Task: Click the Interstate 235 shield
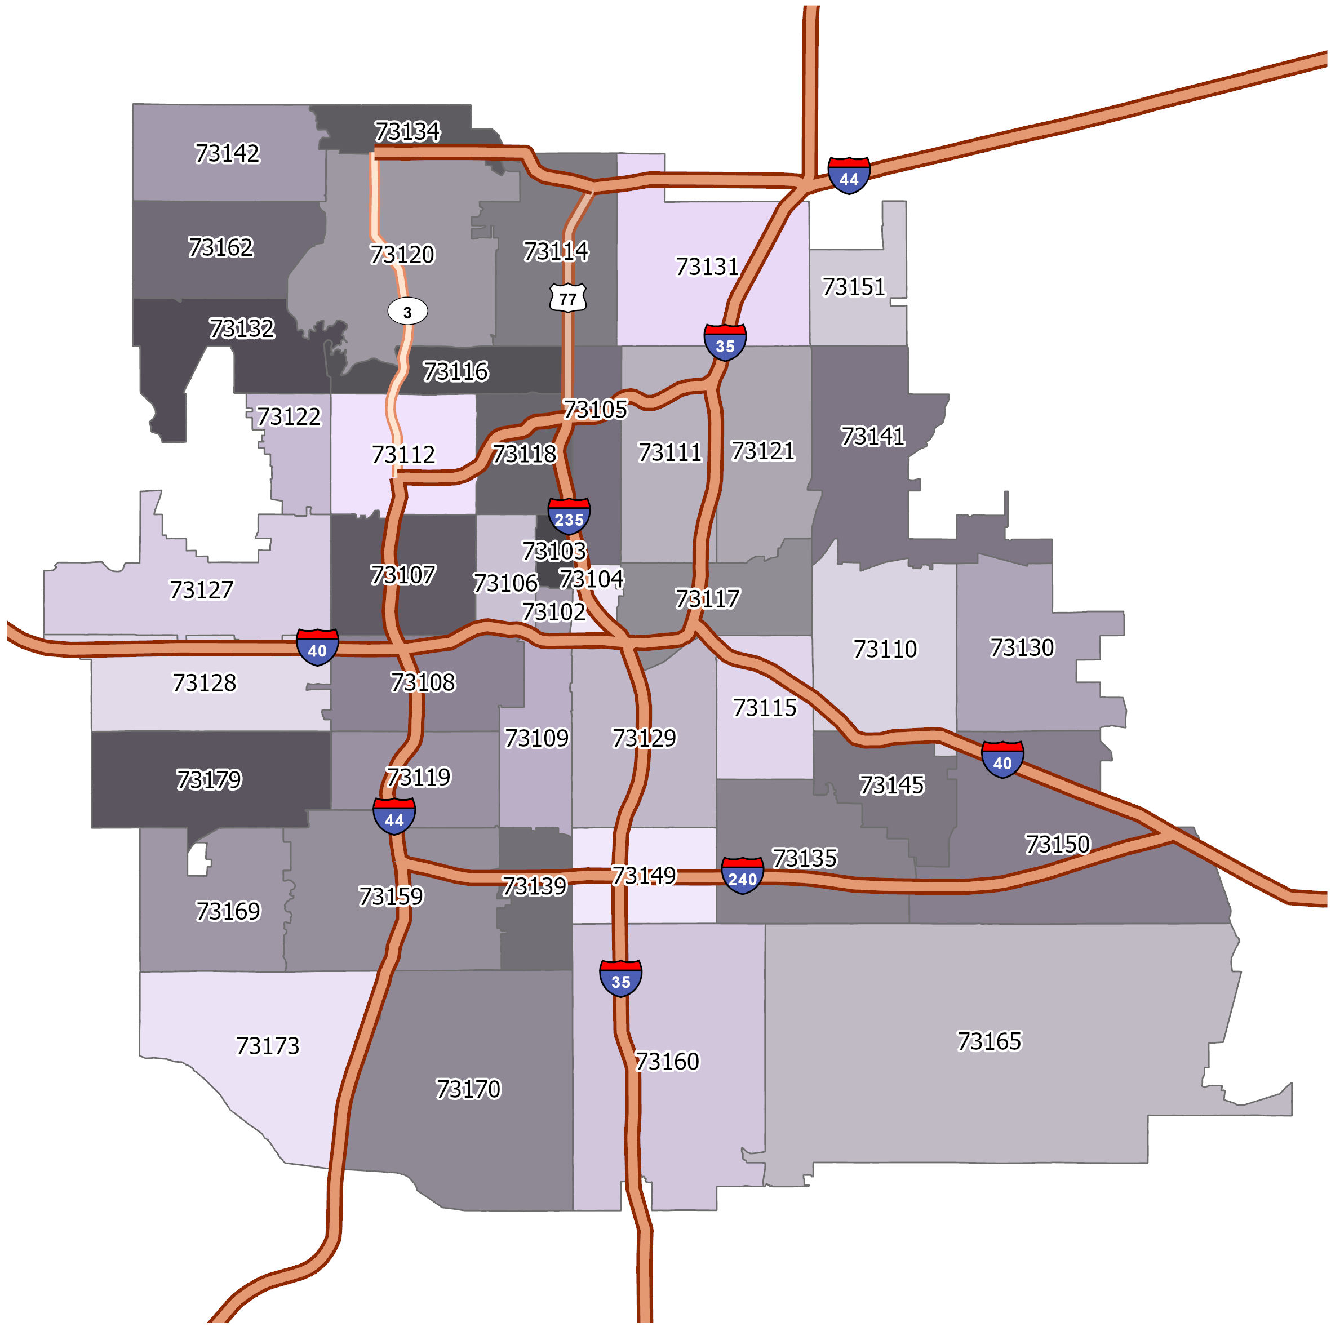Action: click(569, 515)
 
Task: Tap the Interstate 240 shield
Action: click(742, 876)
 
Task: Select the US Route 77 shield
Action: click(567, 298)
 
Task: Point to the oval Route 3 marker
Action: click(407, 312)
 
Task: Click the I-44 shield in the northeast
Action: click(849, 176)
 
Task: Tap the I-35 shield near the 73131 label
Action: click(725, 343)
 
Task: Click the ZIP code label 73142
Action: click(227, 153)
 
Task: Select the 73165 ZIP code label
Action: click(990, 1041)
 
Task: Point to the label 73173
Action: click(268, 1046)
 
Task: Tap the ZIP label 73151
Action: click(854, 287)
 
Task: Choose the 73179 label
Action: click(208, 780)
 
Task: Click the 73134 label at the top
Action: click(407, 131)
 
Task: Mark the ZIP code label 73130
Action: click(1022, 647)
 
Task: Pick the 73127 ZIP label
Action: click(201, 590)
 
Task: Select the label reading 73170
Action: click(468, 1089)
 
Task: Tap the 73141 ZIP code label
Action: click(872, 436)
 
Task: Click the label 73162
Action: click(220, 247)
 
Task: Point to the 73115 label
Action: click(765, 708)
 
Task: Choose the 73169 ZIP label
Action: click(228, 911)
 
